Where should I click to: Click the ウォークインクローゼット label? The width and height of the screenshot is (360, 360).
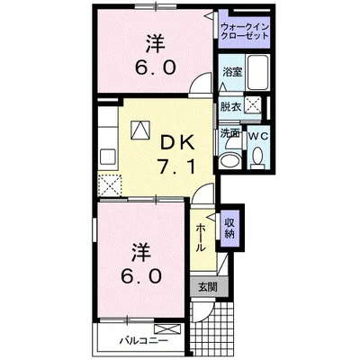pos(244,35)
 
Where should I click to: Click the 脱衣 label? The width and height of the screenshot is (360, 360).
pos(229,106)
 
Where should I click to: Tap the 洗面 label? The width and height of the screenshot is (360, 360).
pos(229,133)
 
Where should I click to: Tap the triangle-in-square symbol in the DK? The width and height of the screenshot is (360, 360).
pos(139,130)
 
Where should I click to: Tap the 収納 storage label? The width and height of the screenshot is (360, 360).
pos(230,228)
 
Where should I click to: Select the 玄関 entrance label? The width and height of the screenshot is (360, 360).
pos(207,287)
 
